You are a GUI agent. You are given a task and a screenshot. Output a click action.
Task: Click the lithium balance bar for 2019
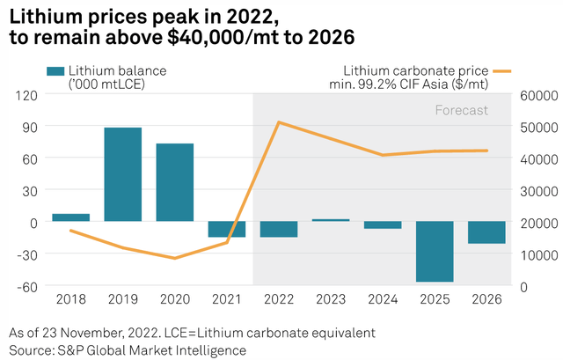tap(122, 174)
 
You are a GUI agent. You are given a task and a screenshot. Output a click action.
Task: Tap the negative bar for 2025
tap(435, 251)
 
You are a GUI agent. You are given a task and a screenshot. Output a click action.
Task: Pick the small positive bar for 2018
tap(70, 217)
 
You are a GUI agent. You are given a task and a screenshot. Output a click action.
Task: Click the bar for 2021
tap(226, 229)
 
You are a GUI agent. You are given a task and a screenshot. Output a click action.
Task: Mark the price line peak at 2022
tap(279, 122)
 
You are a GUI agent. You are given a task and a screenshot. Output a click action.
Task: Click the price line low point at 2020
tap(174, 258)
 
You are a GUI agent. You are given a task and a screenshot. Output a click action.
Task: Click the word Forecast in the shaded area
tap(461, 111)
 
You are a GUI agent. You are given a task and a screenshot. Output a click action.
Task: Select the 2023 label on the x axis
tap(331, 300)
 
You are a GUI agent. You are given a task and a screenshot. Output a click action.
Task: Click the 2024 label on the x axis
tap(383, 300)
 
